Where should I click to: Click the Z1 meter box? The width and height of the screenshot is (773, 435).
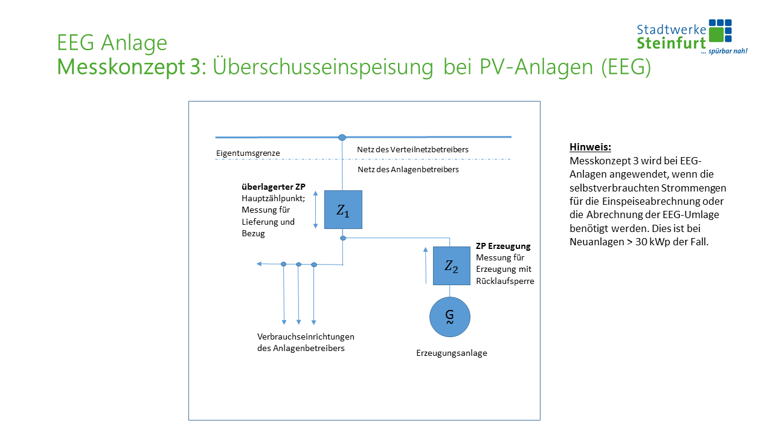(x=343, y=210)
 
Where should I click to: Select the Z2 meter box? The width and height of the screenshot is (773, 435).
(x=451, y=266)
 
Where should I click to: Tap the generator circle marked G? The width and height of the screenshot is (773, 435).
(x=449, y=317)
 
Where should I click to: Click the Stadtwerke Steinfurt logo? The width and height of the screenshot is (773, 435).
(x=692, y=36)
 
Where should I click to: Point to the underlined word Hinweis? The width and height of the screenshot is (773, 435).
(x=590, y=147)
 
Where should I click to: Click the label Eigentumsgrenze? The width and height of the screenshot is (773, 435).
(x=248, y=153)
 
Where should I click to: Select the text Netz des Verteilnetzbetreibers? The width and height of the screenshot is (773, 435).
(x=412, y=149)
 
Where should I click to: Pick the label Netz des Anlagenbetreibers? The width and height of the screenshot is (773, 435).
(x=408, y=170)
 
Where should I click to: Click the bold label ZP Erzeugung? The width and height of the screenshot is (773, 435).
(x=503, y=246)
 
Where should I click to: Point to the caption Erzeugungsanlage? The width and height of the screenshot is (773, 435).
(x=451, y=353)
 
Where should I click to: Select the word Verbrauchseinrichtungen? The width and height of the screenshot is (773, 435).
(x=306, y=337)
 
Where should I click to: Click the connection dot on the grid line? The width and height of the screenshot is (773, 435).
(x=342, y=138)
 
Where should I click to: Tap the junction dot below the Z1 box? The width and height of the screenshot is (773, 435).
(x=343, y=238)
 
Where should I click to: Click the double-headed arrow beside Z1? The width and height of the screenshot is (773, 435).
(x=315, y=210)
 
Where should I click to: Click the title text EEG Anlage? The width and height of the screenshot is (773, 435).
(x=112, y=43)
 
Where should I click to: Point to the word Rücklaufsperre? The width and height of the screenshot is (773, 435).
(x=505, y=281)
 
